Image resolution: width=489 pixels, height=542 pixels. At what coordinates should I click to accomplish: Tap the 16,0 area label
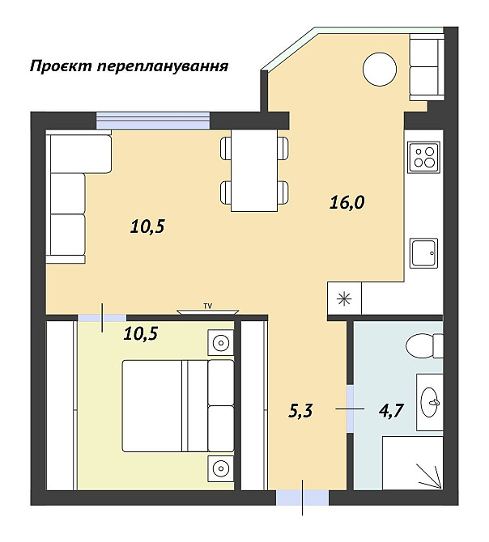click(347, 202)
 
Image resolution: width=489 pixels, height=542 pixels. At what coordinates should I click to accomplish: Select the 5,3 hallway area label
click(300, 411)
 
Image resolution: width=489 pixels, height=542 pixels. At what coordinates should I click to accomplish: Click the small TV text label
click(208, 306)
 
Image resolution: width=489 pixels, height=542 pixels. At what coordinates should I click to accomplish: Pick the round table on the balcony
click(378, 69)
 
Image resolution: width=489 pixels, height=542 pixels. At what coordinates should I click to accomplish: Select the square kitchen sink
click(423, 253)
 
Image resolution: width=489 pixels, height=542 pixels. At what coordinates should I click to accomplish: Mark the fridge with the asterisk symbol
click(344, 298)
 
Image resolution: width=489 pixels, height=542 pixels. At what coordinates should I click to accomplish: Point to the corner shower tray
click(412, 464)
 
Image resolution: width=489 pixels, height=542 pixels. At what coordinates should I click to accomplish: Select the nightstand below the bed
click(219, 467)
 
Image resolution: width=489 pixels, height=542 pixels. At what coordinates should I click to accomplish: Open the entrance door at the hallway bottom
click(303, 498)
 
